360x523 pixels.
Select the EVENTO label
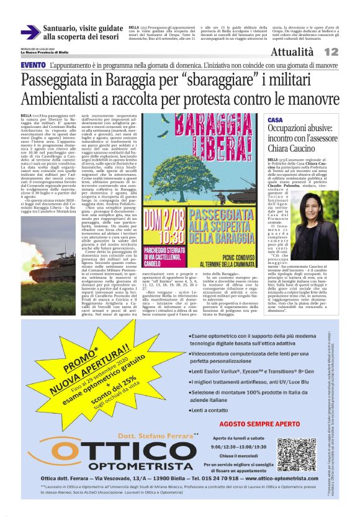tap(32, 65)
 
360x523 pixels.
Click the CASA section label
tap(275, 119)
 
